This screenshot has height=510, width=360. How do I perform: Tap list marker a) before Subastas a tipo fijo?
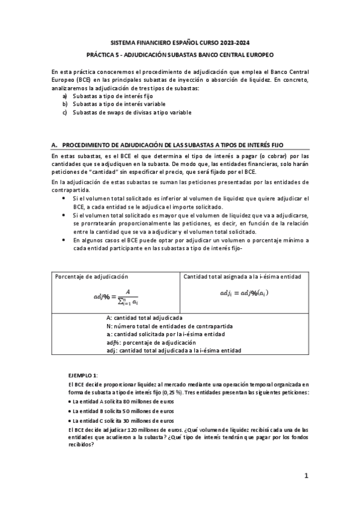[65, 96]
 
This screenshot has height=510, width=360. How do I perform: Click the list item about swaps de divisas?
[132, 112]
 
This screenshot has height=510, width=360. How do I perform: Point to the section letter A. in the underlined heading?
[55, 146]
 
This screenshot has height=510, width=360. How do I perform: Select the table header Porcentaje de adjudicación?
[91, 277]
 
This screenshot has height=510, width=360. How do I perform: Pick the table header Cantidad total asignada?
[242, 277]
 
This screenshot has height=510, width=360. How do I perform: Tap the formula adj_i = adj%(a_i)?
[244, 292]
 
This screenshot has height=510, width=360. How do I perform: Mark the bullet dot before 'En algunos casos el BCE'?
[65, 240]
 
